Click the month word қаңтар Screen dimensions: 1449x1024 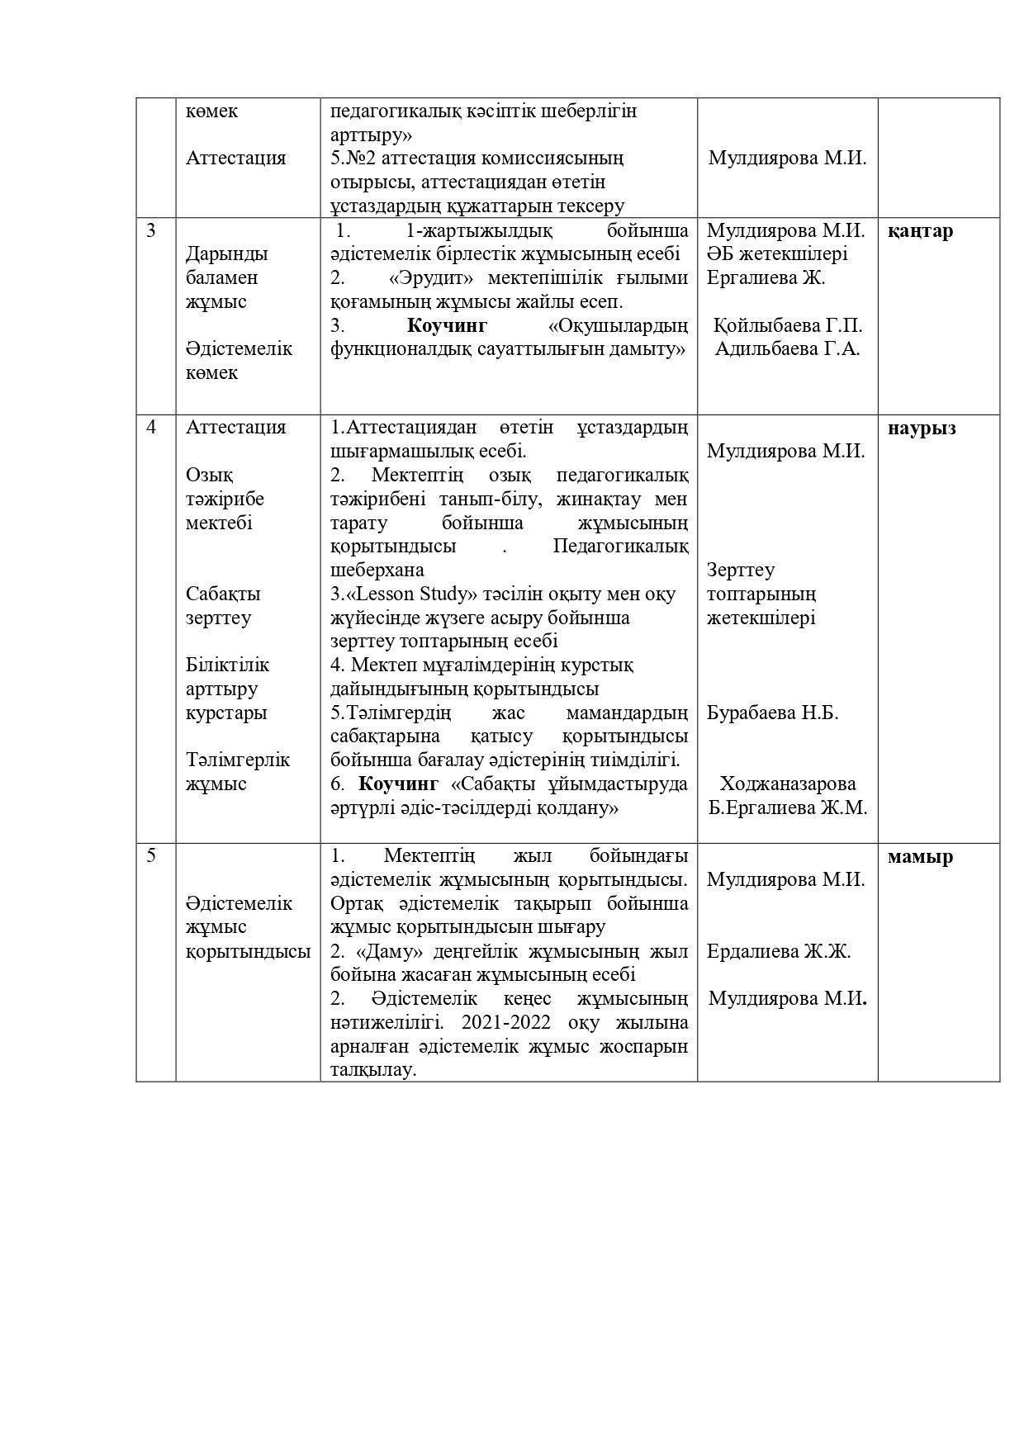coord(920,231)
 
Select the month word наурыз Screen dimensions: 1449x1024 coord(922,428)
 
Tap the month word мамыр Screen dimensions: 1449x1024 coord(920,856)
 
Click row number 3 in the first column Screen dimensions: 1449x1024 coord(151,230)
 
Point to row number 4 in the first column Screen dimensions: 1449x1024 coord(151,427)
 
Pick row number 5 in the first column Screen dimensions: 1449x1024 coord(151,855)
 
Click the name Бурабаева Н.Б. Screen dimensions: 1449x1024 coord(772,713)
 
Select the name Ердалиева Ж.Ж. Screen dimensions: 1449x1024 coord(778,951)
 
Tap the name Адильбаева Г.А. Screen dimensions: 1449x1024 coord(787,348)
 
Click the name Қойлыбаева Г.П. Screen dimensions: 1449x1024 coord(787,324)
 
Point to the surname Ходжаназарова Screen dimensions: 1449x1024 coord(788,784)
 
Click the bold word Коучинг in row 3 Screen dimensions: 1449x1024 coord(447,325)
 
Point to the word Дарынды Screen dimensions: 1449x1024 coord(227,254)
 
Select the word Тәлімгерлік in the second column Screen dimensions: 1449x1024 coord(238,760)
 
